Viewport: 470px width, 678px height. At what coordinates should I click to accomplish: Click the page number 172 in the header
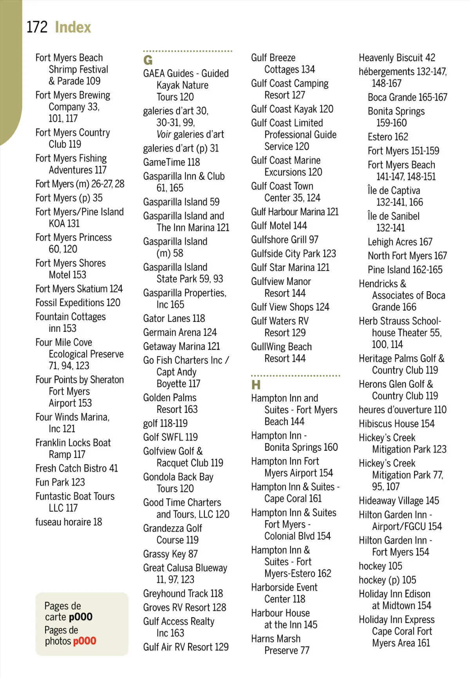[37, 27]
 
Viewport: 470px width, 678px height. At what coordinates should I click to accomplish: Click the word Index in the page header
[73, 27]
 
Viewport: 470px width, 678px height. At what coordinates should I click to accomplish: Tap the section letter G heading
[148, 60]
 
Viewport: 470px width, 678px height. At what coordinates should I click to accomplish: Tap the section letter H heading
[256, 385]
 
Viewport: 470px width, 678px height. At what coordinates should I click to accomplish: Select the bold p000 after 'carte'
[80, 617]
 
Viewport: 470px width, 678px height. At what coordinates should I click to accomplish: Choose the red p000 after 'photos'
[84, 641]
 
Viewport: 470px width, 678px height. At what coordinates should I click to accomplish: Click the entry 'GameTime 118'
[171, 162]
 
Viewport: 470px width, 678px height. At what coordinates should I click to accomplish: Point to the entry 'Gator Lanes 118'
[174, 319]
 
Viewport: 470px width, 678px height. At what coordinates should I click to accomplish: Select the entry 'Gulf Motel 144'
[279, 226]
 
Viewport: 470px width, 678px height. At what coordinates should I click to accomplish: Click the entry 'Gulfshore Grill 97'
[284, 240]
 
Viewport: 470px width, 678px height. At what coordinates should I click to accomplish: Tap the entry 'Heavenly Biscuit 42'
[397, 58]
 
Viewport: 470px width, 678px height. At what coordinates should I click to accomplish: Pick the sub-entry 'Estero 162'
[388, 137]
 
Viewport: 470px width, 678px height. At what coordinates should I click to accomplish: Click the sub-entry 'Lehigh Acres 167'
[400, 242]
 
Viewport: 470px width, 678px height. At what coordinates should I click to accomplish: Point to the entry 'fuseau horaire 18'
[69, 522]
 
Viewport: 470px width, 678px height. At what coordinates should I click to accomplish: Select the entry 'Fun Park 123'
[60, 482]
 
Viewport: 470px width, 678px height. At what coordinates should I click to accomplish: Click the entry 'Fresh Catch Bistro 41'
[76, 469]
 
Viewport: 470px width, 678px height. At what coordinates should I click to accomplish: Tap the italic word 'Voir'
[164, 135]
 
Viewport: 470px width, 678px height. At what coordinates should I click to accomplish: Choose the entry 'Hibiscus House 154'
[396, 424]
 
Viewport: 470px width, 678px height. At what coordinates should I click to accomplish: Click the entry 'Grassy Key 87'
[170, 554]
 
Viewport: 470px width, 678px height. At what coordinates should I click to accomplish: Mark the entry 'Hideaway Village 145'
[399, 501]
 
